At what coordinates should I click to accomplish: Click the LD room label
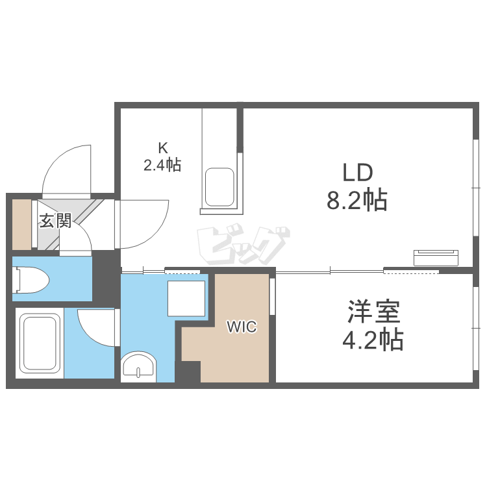coord(356,173)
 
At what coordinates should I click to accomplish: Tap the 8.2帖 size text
coord(356,201)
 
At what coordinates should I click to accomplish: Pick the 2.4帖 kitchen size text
coord(162,165)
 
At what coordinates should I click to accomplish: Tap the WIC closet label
coord(242,327)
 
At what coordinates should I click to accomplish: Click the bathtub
coord(41,345)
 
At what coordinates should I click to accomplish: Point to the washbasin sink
coord(138,366)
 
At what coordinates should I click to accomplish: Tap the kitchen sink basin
coord(219,187)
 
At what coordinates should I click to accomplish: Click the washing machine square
coord(186,298)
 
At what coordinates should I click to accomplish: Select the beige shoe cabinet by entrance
coord(22,225)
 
